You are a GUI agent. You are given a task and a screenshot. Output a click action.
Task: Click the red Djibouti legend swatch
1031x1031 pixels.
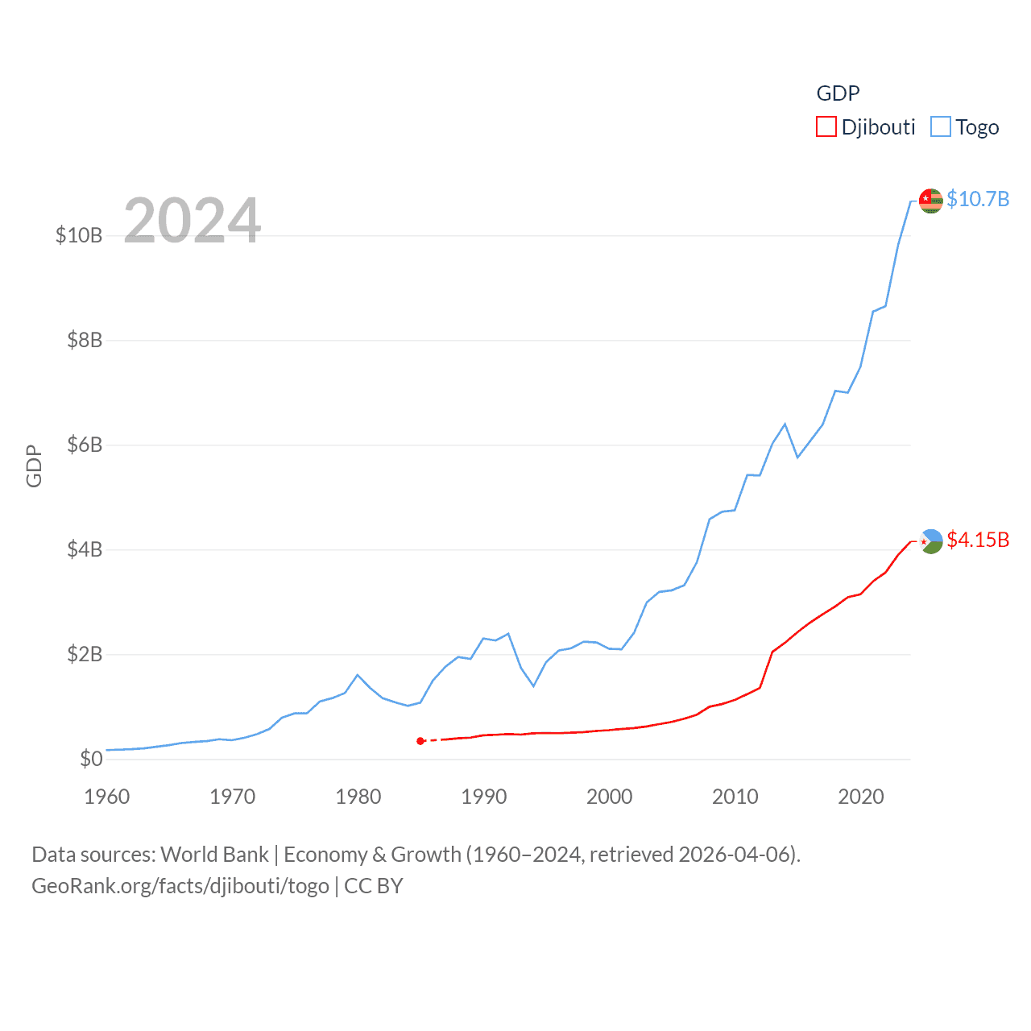(x=826, y=127)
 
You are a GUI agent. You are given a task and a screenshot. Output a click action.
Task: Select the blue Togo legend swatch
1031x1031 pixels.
(x=941, y=127)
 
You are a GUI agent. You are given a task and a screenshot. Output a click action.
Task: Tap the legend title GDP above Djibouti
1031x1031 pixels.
(x=838, y=93)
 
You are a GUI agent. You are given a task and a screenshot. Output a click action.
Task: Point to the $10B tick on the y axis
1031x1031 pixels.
(x=79, y=235)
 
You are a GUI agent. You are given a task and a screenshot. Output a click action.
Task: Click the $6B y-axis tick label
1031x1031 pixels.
(x=85, y=445)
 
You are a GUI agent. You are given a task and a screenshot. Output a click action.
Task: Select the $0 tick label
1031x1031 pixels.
(x=91, y=759)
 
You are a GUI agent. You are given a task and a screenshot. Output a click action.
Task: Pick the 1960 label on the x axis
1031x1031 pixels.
(x=107, y=797)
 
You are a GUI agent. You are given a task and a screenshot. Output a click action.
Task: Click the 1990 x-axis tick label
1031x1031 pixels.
(x=484, y=797)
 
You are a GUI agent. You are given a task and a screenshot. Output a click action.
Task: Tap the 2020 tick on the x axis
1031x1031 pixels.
(x=861, y=797)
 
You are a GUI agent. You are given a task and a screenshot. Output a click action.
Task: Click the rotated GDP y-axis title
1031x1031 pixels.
(x=34, y=466)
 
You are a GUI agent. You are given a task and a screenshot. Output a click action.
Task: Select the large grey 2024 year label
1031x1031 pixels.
(x=193, y=220)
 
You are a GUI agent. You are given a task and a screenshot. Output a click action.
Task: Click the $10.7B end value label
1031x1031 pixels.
(x=978, y=199)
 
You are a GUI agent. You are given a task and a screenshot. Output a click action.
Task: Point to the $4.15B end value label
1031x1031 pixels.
(x=978, y=540)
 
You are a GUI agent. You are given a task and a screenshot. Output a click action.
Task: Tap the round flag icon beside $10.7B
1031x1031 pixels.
(x=931, y=200)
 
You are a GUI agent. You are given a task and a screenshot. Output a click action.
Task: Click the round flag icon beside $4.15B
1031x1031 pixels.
(x=931, y=541)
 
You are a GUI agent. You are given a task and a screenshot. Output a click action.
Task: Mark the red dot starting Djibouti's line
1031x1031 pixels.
(x=420, y=741)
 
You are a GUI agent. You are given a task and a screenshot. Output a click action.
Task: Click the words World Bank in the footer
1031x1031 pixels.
(x=214, y=855)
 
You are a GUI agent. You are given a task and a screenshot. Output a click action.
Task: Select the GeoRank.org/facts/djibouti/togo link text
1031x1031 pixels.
(x=180, y=886)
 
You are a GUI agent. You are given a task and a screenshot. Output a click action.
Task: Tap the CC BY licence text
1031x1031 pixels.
(x=374, y=886)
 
